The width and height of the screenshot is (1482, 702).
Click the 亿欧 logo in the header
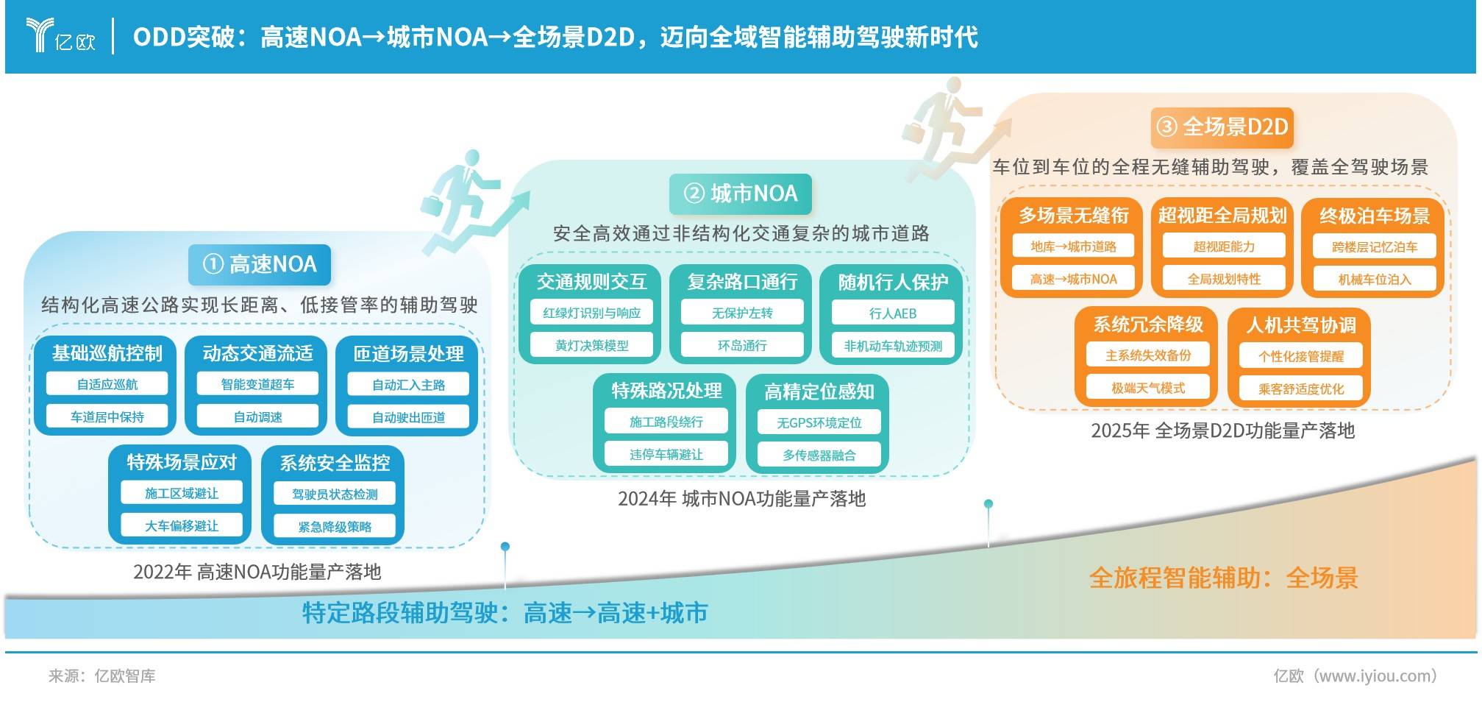61,35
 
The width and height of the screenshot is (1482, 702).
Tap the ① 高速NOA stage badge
260,264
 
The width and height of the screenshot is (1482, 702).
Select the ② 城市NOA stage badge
741,194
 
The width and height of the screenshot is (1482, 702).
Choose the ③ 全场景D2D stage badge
1222,127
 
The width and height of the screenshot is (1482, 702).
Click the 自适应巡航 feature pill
107,384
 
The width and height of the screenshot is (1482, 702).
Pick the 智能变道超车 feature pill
258,384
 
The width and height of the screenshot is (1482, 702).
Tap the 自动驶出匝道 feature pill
409,417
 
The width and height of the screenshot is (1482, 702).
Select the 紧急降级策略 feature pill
335,526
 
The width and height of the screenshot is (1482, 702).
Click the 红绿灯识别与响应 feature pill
592,313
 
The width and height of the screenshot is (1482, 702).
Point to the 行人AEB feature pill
893,313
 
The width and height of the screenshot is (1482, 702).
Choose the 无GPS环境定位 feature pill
819,422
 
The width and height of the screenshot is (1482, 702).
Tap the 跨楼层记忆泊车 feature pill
1375,247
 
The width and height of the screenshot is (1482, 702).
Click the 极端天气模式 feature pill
1148,388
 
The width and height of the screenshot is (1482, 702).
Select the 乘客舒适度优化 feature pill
1301,389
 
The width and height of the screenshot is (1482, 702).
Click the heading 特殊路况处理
666,391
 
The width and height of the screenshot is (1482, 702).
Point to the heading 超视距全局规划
1222,216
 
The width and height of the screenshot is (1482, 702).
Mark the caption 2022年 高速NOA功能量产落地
257,572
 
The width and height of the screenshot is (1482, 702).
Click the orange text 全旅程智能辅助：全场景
1223,578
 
